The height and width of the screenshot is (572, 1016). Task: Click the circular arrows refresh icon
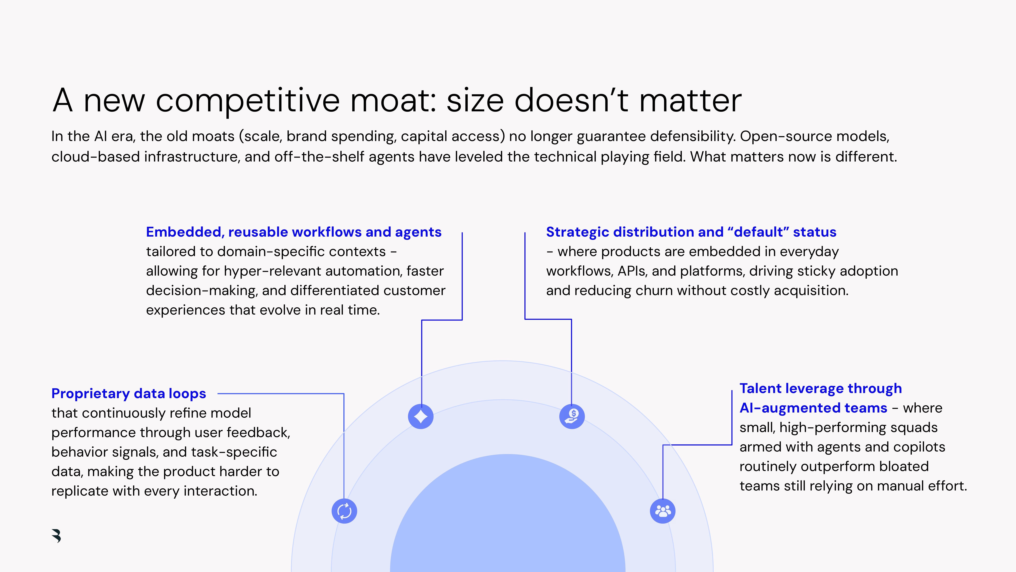click(x=344, y=511)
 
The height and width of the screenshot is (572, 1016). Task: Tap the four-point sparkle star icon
click(x=420, y=416)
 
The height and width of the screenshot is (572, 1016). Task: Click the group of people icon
click(x=663, y=511)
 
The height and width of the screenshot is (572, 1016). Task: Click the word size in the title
click(x=475, y=101)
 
